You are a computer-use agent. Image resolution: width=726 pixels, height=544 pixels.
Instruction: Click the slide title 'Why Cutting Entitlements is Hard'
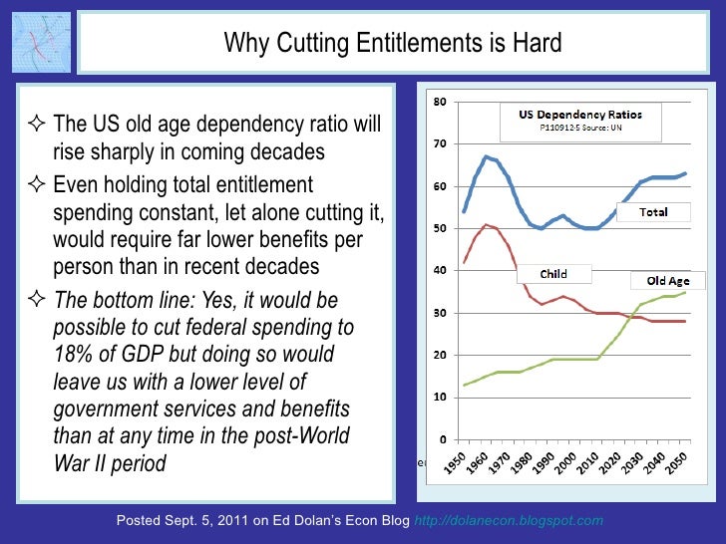pyautogui.click(x=392, y=44)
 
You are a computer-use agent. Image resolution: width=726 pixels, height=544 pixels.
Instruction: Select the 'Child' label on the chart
pyautogui.click(x=553, y=273)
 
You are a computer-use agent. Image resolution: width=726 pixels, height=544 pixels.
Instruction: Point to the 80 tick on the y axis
pyautogui.click(x=438, y=103)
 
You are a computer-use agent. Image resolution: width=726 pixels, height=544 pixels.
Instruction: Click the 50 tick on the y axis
pyautogui.click(x=438, y=229)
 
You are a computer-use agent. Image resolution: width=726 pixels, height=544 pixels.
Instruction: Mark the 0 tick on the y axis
pyautogui.click(x=441, y=439)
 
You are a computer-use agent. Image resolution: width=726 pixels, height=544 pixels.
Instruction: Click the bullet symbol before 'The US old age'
pyautogui.click(x=38, y=127)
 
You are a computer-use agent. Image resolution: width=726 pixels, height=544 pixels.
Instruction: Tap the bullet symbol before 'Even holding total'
pyautogui.click(x=38, y=186)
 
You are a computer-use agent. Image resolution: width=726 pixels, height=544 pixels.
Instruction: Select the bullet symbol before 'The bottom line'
pyautogui.click(x=38, y=301)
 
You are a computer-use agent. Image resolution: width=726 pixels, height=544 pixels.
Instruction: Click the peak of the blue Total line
pyautogui.click(x=485, y=156)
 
